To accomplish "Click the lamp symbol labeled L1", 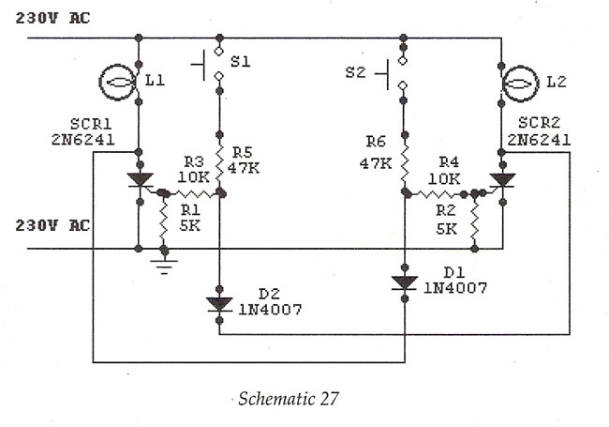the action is pos(117,83).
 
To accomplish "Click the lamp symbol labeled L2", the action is pos(520,84).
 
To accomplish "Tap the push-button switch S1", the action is pos(212,63).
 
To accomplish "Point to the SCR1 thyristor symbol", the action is pos(140,181).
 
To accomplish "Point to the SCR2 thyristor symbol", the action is pos(502,181).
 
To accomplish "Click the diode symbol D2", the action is pos(219,304).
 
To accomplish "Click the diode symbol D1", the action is pos(405,283).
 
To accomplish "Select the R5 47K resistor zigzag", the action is pos(219,163).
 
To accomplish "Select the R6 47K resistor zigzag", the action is pos(405,163).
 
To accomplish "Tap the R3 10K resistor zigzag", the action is pos(193,193).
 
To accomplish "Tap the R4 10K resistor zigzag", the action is pos(435,193).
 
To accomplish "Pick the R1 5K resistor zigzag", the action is pos(164,221).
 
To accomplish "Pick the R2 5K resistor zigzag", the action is pos(474,221).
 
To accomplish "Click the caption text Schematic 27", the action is pos(289,399).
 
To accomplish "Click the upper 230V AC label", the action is pos(52,18).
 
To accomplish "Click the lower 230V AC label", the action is pos(52,225).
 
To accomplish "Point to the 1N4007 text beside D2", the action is pos(271,310).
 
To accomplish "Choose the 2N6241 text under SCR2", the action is pos(539,140).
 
